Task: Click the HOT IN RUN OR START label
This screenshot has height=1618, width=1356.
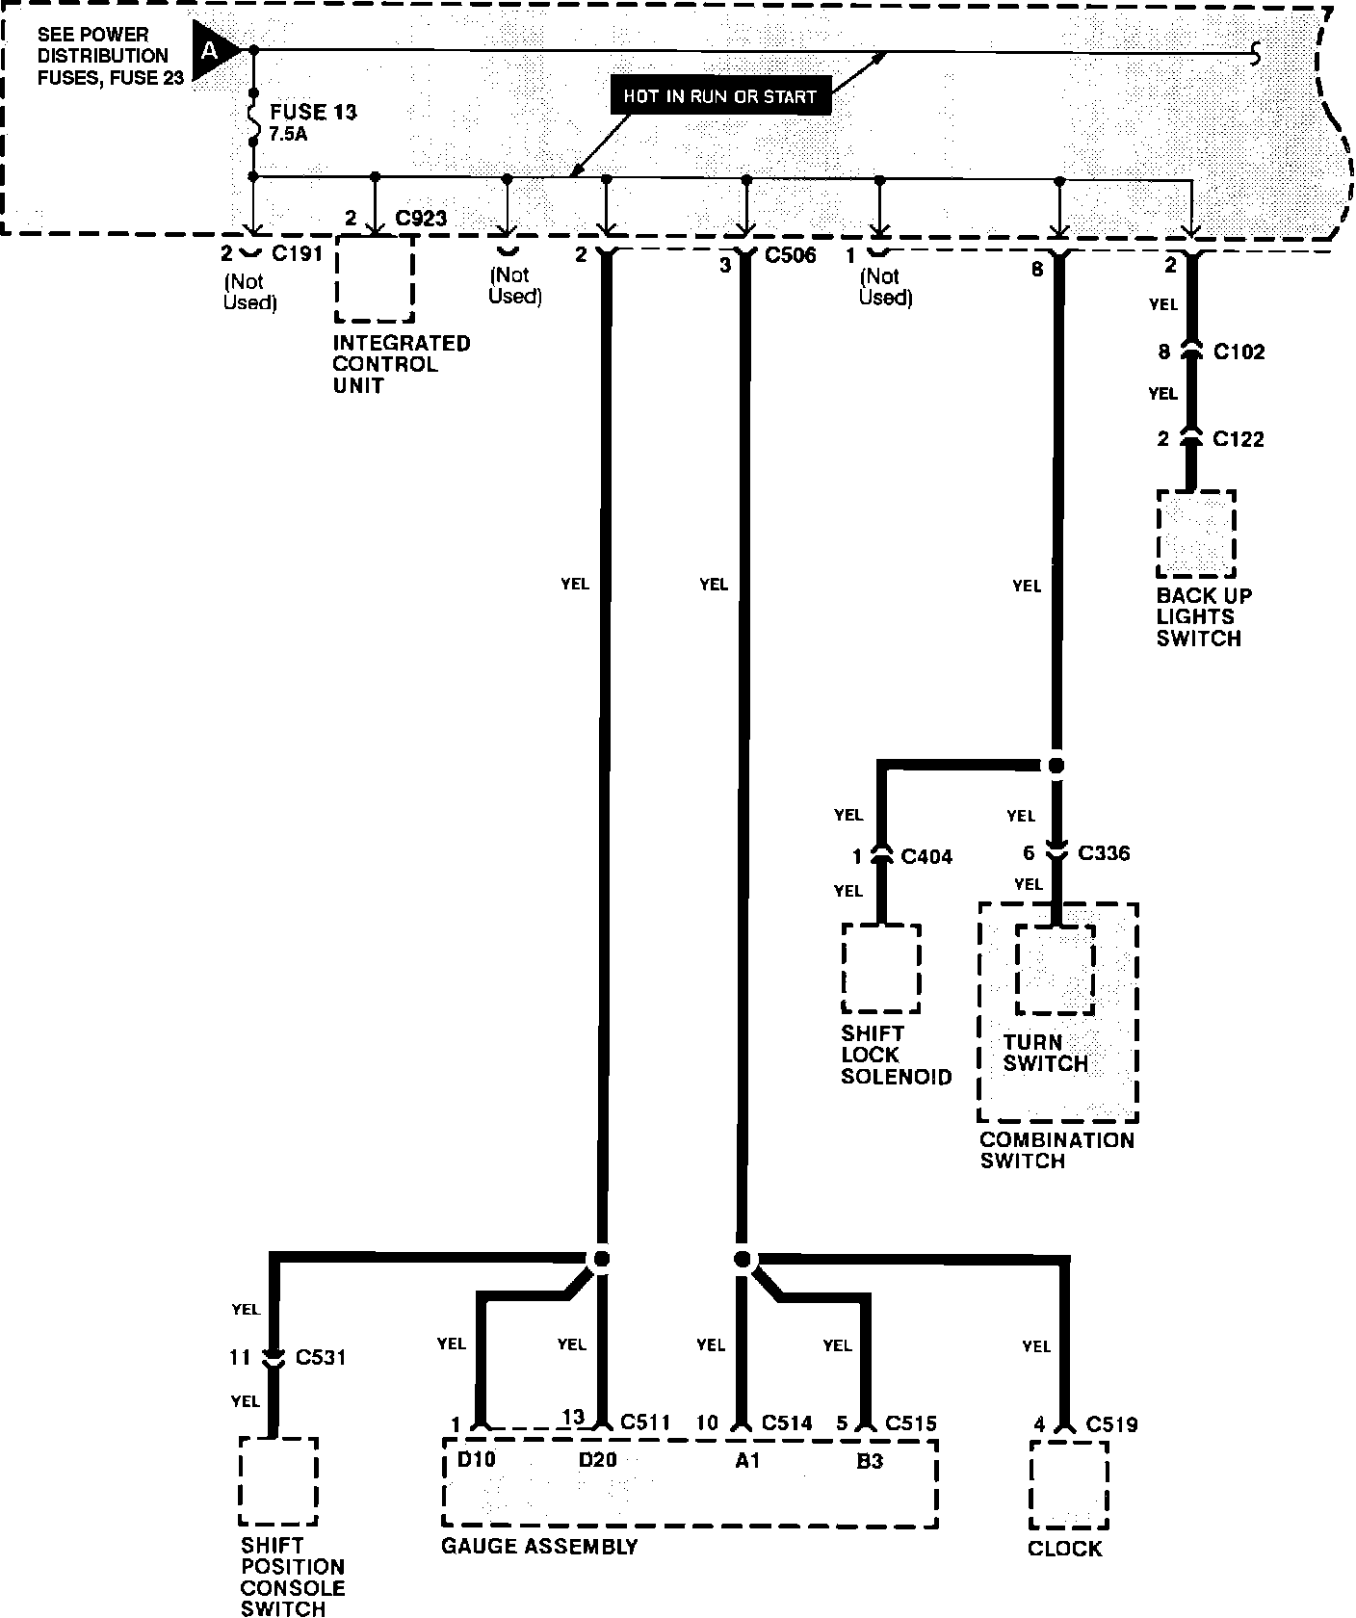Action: point(719,96)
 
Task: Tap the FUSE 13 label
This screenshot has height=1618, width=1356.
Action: point(313,112)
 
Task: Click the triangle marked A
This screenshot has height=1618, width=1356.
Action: point(213,49)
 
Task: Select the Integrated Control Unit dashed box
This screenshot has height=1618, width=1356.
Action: point(375,279)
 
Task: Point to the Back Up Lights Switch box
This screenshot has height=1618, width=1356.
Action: point(1196,534)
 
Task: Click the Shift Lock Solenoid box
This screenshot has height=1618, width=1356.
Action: point(881,968)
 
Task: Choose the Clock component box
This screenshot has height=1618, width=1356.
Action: point(1068,1484)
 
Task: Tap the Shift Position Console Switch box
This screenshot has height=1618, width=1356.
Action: point(278,1481)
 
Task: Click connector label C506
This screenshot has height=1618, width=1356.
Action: point(790,255)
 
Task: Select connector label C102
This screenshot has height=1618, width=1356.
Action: point(1239,352)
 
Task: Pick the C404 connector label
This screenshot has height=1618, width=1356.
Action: point(926,855)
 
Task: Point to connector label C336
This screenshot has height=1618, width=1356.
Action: point(1104,852)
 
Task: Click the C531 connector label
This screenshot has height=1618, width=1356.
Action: point(321,1357)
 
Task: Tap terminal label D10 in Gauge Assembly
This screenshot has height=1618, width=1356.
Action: point(476,1459)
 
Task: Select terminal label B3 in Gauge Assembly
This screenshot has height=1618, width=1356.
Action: point(869,1461)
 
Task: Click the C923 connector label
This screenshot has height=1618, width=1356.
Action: point(421,218)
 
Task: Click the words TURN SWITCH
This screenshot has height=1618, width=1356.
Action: point(1045,1053)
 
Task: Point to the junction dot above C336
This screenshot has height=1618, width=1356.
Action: point(1056,766)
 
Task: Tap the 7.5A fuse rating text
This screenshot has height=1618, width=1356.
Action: point(289,135)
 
